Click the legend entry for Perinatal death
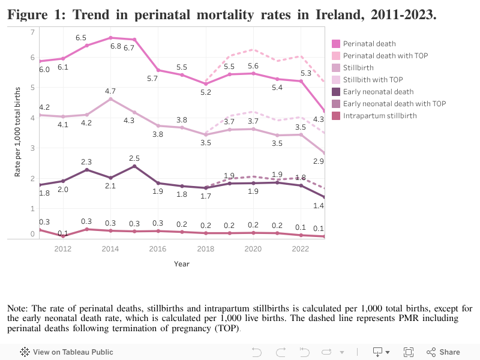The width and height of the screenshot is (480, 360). (x=369, y=43)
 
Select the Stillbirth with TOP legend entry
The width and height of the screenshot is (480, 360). (x=373, y=79)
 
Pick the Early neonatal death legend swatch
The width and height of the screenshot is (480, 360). (x=336, y=91)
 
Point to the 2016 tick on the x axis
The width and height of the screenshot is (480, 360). (x=158, y=248)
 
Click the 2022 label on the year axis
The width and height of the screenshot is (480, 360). (x=301, y=248)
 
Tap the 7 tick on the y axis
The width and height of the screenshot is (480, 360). (x=32, y=31)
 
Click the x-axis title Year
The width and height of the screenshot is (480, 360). (x=181, y=264)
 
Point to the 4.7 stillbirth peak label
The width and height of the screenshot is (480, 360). (x=110, y=91)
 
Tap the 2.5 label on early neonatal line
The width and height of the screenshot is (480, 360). (x=134, y=158)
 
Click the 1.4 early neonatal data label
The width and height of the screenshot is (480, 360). (x=319, y=206)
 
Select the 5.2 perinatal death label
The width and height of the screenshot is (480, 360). (x=205, y=92)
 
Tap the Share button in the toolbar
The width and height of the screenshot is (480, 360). (x=443, y=352)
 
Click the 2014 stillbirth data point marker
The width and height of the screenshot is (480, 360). (x=110, y=99)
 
